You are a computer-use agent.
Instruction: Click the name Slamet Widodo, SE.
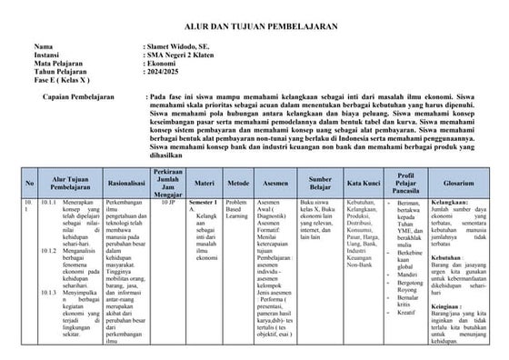(x=179, y=45)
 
